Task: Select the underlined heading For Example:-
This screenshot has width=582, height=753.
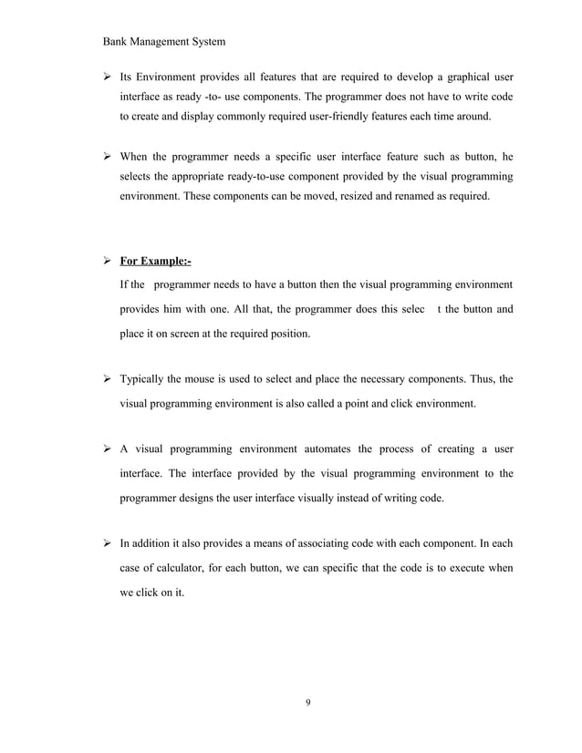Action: [x=156, y=262]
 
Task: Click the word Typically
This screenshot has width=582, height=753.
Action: [x=148, y=378]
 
